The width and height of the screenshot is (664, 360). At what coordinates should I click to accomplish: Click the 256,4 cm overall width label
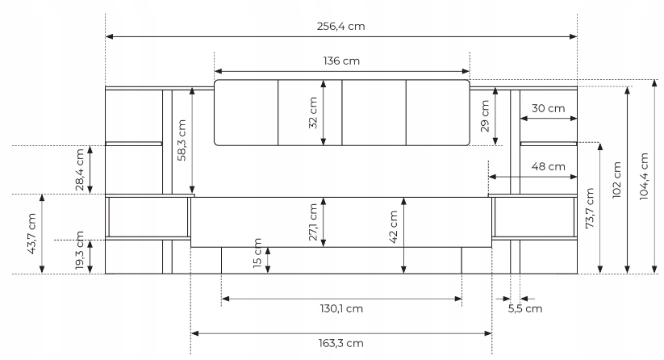coord(341,27)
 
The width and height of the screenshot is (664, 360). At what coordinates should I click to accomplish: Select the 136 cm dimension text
coord(341,61)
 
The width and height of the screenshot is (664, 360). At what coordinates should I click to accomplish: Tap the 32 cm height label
coord(313,113)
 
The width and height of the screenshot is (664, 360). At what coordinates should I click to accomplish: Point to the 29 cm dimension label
coord(485,116)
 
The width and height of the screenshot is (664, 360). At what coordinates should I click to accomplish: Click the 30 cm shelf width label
coord(548,108)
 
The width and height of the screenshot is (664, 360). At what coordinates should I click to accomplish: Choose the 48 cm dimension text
coord(548,166)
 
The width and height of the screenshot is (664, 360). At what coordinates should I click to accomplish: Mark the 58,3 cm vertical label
coord(182,140)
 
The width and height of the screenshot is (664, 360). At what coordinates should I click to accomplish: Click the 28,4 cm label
coord(80,170)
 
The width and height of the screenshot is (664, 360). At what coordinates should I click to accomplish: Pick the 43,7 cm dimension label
coord(31,233)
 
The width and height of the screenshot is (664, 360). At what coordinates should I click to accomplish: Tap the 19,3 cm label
coord(80,251)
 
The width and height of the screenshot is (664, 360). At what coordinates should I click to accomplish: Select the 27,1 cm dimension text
coord(313,222)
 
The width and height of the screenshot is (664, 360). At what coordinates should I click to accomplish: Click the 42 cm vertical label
coord(394,227)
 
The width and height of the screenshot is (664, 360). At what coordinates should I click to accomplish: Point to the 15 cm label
coord(257,253)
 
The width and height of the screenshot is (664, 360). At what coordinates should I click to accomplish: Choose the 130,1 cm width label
coord(341,308)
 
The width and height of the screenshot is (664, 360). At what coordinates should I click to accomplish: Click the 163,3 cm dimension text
coord(341,343)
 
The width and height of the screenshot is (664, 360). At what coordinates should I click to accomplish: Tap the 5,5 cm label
coord(525,309)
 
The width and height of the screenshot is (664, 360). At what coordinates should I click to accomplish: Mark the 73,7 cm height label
coord(590,208)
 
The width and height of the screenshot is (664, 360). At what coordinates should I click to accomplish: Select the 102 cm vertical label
coord(617,179)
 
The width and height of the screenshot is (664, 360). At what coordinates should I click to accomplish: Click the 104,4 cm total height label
coord(644,176)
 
